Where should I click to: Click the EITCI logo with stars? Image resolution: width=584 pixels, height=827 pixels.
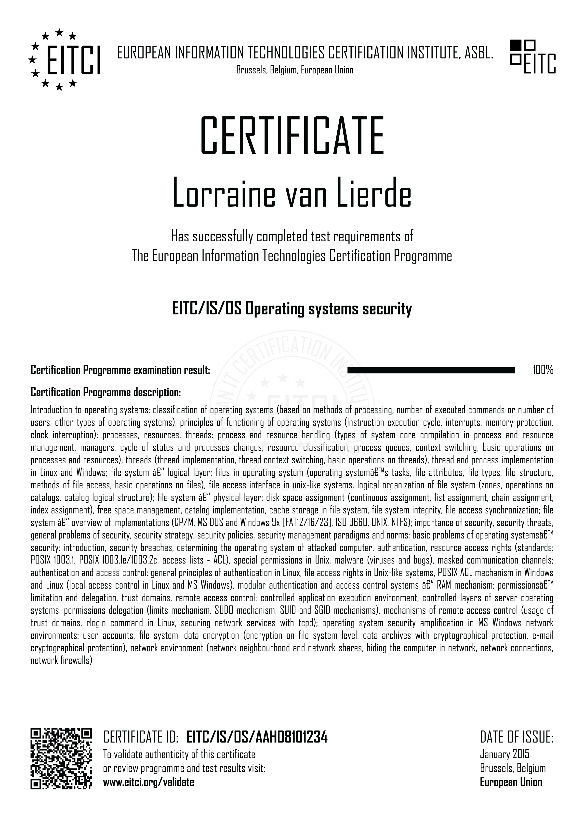64,60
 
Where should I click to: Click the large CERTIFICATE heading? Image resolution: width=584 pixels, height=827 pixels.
292,136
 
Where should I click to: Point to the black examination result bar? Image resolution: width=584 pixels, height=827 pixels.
431,370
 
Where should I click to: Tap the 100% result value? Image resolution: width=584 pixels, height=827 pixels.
543,370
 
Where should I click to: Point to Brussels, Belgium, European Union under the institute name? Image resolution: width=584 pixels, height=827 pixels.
294,70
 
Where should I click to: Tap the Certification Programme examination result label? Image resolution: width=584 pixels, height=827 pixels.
120,370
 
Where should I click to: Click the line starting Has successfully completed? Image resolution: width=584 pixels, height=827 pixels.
292,237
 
